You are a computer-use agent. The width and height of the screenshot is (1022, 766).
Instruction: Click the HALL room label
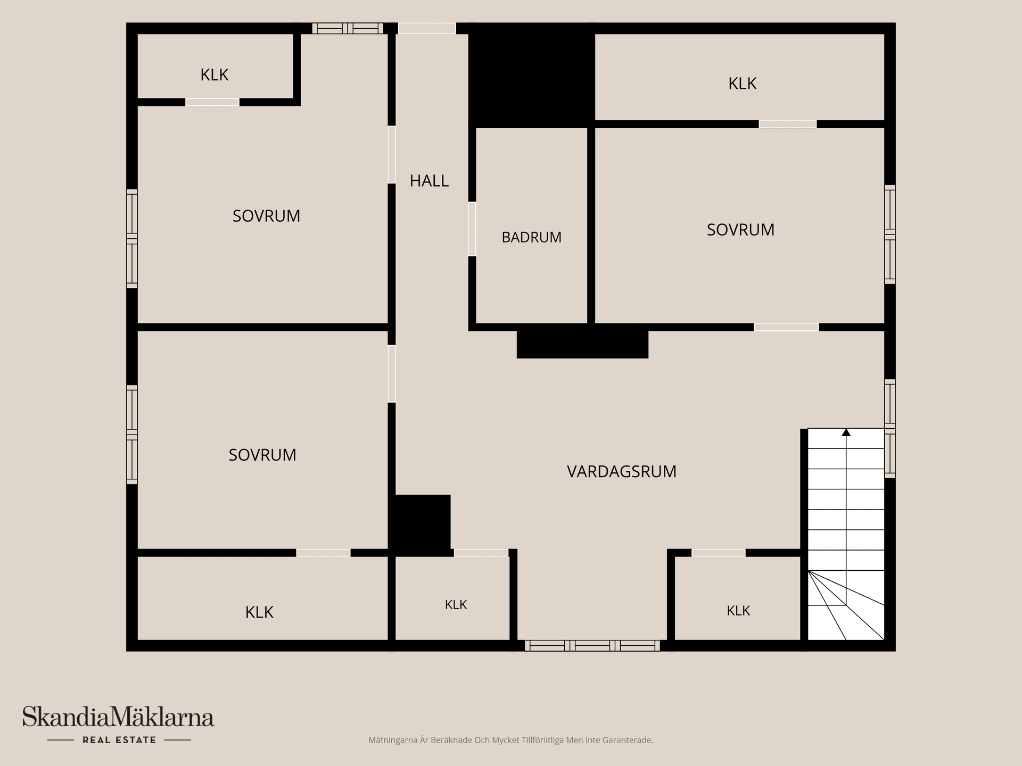pyautogui.click(x=429, y=181)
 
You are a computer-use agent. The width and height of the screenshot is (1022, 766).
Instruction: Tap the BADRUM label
pyautogui.click(x=531, y=237)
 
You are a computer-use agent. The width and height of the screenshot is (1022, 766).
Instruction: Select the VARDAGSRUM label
pyautogui.click(x=621, y=471)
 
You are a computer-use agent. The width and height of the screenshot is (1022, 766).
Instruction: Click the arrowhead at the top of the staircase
pyautogui.click(x=846, y=432)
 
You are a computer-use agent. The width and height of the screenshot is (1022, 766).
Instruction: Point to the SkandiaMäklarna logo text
pyautogui.click(x=118, y=717)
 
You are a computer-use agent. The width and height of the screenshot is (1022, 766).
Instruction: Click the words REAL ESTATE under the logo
pyautogui.click(x=119, y=740)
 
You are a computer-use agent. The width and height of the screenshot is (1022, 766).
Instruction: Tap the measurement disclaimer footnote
pyautogui.click(x=510, y=740)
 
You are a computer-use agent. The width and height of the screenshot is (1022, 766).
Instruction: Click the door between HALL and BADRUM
pyautogui.click(x=472, y=229)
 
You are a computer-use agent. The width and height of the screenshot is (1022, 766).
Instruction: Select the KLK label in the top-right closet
pyautogui.click(x=742, y=84)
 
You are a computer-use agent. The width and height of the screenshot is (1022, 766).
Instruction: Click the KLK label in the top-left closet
pyautogui.click(x=215, y=75)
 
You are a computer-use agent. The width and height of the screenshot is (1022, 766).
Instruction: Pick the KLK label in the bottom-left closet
pyautogui.click(x=259, y=612)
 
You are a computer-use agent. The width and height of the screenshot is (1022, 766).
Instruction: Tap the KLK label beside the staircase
pyautogui.click(x=738, y=611)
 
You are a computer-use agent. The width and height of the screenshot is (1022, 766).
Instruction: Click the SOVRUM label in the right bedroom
pyautogui.click(x=740, y=230)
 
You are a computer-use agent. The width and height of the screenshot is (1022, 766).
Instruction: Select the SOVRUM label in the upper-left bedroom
pyautogui.click(x=266, y=216)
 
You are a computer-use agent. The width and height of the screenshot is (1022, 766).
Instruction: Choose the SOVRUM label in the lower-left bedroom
pyautogui.click(x=262, y=455)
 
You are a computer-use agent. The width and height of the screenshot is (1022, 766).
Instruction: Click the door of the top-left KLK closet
pyautogui.click(x=212, y=102)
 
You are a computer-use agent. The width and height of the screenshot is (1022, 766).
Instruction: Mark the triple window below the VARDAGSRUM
pyautogui.click(x=592, y=646)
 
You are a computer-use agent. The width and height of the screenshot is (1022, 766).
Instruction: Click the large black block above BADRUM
pyautogui.click(x=531, y=76)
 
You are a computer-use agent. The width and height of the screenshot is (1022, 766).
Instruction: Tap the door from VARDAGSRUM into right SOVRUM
pyautogui.click(x=786, y=327)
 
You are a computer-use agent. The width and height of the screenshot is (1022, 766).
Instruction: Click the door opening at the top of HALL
pyautogui.click(x=427, y=28)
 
